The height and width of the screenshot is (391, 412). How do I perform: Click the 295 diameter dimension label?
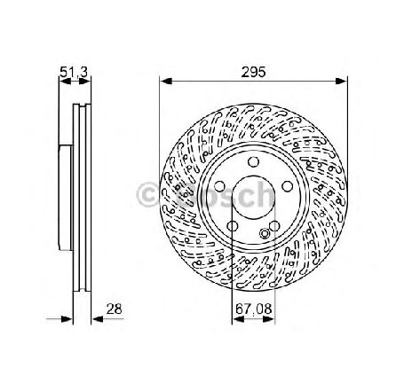[253, 72]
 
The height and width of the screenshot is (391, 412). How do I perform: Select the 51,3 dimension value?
[74, 72]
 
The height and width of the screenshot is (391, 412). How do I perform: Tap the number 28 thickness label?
[114, 309]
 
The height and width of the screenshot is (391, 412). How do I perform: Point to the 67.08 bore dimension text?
[254, 309]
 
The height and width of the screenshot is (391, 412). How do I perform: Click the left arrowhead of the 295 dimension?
[165, 81]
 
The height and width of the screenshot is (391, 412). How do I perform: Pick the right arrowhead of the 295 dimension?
[341, 81]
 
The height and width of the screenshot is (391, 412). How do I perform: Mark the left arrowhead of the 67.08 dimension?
[238, 319]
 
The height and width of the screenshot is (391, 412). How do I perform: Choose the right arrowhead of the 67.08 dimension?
[269, 319]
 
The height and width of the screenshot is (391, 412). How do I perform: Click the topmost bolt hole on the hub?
[253, 161]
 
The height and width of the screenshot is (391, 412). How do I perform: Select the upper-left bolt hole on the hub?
[219, 186]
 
